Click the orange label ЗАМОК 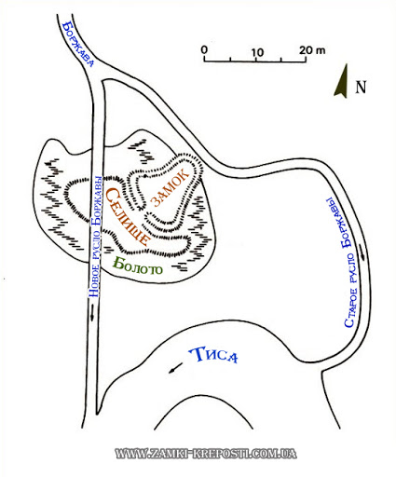pyautogui.click(x=170, y=187)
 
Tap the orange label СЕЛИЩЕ pyautogui.click(x=126, y=216)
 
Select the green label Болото pyautogui.click(x=138, y=267)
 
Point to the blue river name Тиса pyautogui.click(x=213, y=355)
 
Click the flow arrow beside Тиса pyautogui.click(x=175, y=368)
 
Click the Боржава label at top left pyautogui.click(x=77, y=44)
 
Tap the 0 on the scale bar pyautogui.click(x=204, y=49)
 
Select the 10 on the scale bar pyautogui.click(x=257, y=52)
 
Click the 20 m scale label pyautogui.click(x=312, y=50)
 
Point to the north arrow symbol pyautogui.click(x=342, y=81)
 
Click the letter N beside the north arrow pyautogui.click(x=361, y=88)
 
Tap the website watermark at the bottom pyautogui.click(x=206, y=454)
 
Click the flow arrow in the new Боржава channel pyautogui.click(x=92, y=312)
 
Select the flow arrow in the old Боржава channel pyautogui.click(x=362, y=252)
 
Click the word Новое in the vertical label pyautogui.click(x=93, y=281)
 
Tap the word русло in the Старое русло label pyautogui.click(x=352, y=268)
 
